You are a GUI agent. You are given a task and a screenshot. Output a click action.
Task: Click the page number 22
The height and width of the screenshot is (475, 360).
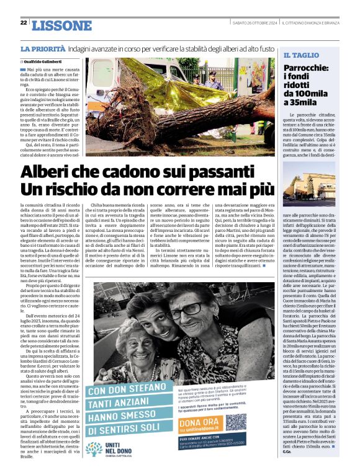(x=24, y=23)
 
